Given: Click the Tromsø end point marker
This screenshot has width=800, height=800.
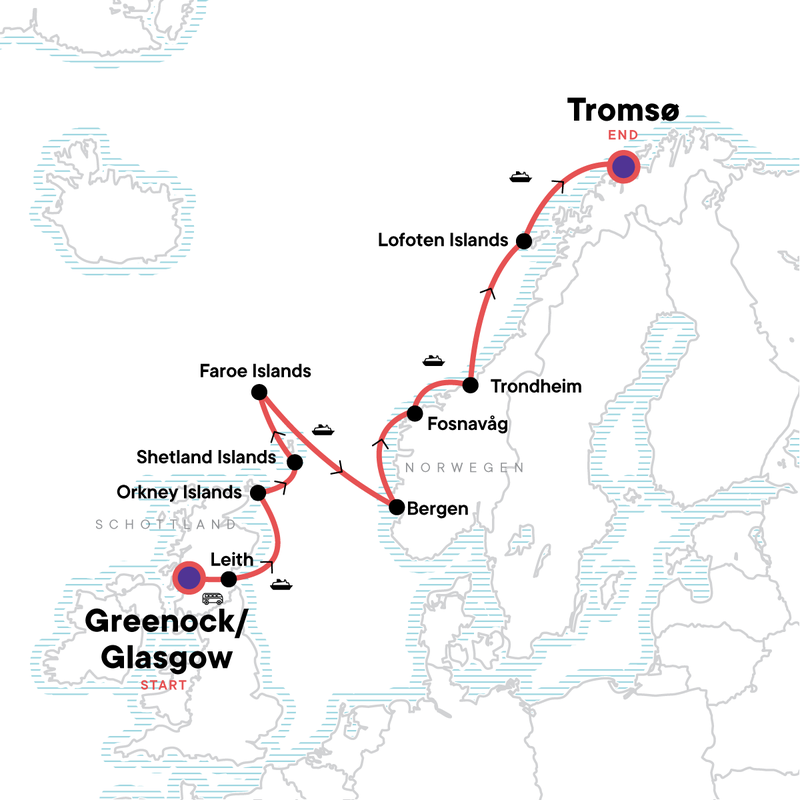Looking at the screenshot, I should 624,167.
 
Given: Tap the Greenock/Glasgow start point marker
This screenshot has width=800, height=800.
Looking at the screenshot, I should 187,577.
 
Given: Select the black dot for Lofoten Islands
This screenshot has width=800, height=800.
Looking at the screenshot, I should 523,241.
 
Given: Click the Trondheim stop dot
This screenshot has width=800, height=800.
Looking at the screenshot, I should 469,385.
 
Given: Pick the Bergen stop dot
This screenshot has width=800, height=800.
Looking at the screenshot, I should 396,507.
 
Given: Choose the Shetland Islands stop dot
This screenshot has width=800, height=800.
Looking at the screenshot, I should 295,462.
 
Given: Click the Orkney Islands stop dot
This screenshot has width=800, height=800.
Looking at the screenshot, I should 258,492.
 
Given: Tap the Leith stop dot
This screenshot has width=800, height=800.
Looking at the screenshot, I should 228,579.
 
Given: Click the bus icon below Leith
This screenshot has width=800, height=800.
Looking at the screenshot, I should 213,599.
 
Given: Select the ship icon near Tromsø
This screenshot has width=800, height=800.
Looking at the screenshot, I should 520,177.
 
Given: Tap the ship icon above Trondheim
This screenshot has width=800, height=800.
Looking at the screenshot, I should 432,359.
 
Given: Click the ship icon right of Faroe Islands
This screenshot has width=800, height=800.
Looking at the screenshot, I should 322,430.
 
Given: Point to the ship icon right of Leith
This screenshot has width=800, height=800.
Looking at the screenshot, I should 280,584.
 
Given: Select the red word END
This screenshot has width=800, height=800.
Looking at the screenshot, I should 623,133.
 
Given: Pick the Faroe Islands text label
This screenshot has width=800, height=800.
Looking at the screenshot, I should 256,371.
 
